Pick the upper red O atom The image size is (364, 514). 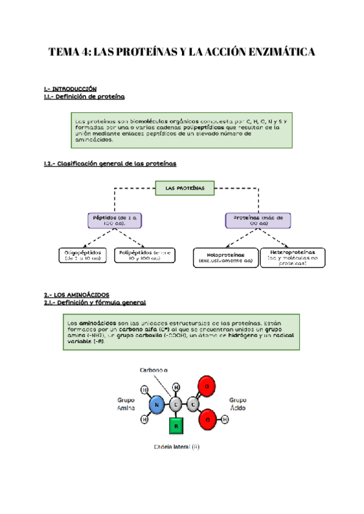coord(207,387)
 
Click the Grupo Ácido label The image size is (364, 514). coord(238,405)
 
